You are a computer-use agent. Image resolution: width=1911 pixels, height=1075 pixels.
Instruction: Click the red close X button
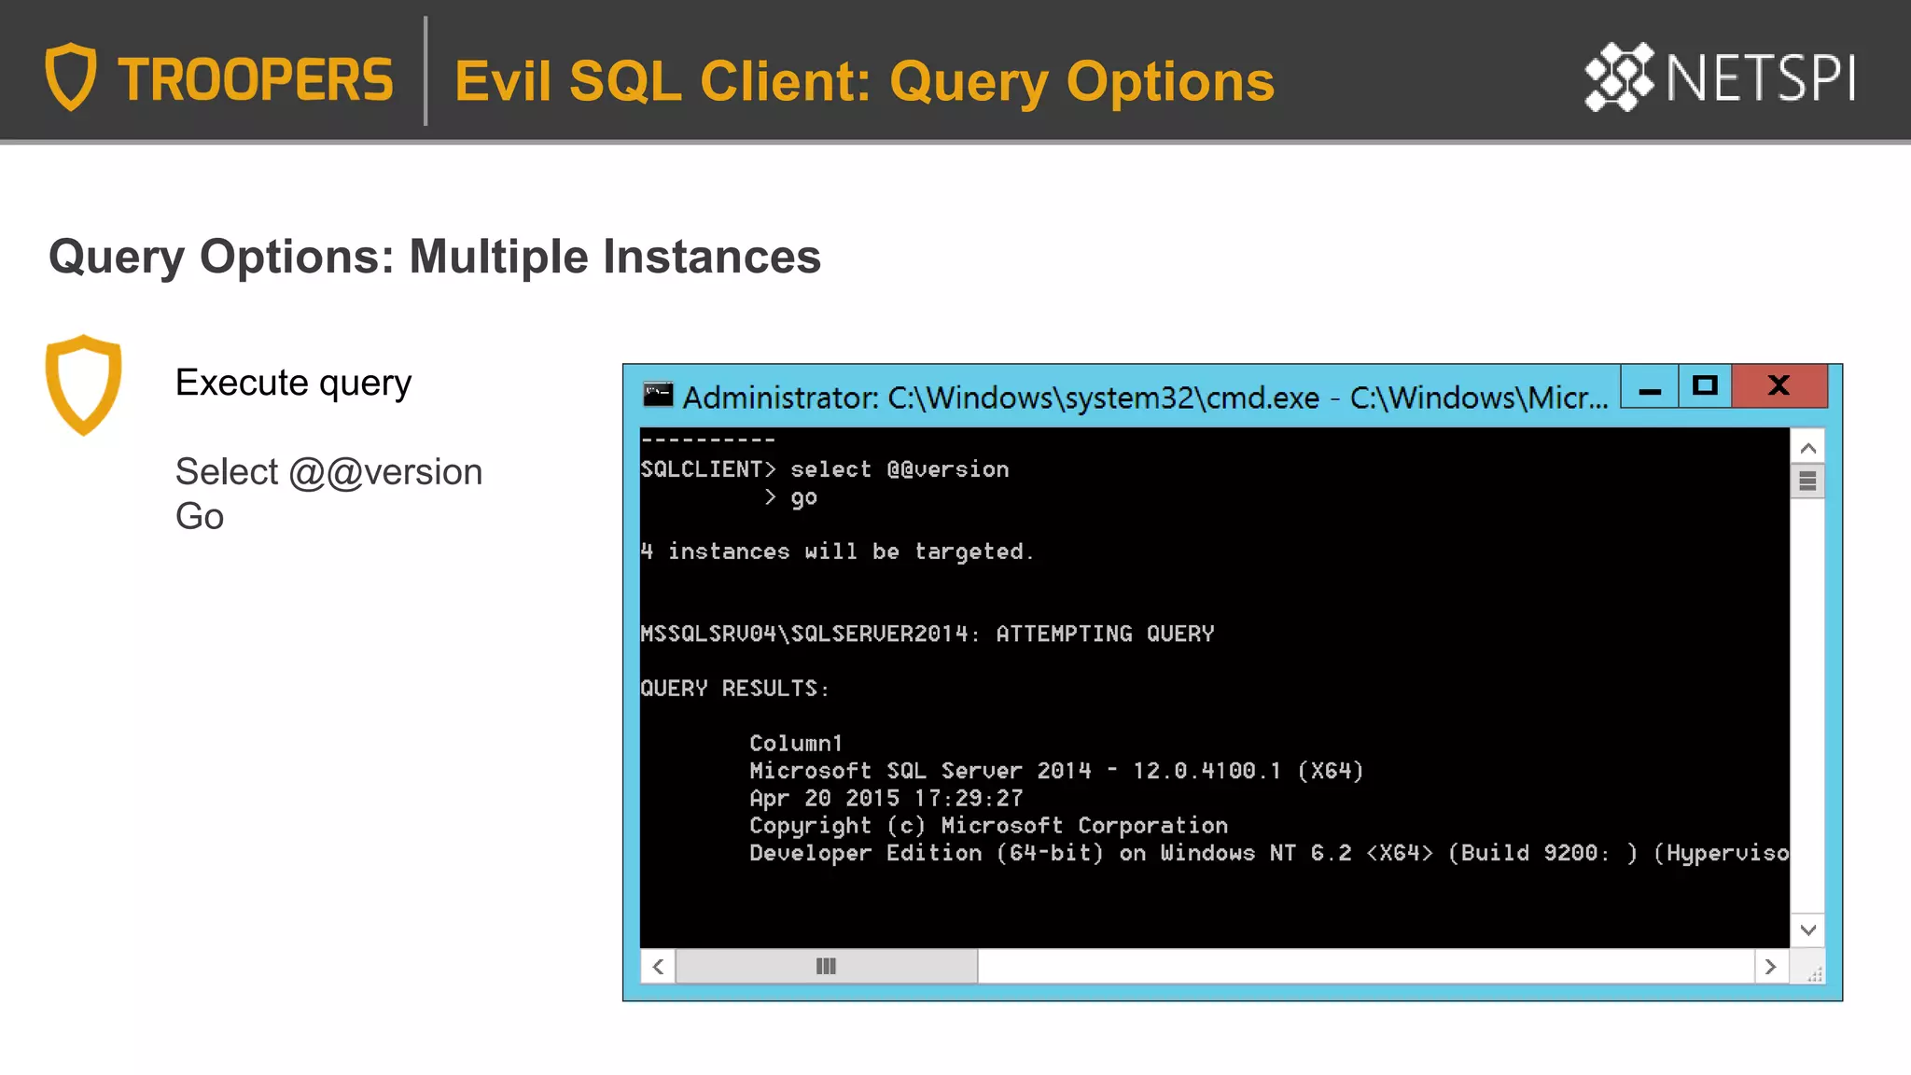tap(1778, 385)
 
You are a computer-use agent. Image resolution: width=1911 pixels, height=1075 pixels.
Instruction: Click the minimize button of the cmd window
tap(1649, 386)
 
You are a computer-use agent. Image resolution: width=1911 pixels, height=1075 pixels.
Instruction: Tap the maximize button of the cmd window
tap(1705, 385)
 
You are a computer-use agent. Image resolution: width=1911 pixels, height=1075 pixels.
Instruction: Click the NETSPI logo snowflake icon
tap(1619, 77)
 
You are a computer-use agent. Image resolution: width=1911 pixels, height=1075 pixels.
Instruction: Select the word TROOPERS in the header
tap(255, 80)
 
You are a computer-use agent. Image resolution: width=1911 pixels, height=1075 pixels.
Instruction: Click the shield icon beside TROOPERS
tap(71, 77)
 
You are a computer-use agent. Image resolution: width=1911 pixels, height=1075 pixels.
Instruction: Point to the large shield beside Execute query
tap(83, 384)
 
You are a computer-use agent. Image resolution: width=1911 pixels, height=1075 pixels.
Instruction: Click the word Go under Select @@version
tap(200, 516)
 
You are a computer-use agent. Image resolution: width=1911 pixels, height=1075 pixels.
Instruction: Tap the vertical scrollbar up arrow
tap(1807, 448)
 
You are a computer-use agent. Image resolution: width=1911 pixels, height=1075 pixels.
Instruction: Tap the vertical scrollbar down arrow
tap(1807, 929)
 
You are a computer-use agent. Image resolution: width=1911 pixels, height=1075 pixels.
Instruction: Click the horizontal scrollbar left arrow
tap(658, 967)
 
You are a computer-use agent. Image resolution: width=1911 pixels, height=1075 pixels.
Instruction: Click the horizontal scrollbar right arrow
tap(1770, 967)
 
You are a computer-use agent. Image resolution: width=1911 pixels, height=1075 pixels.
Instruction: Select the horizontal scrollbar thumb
tap(826, 967)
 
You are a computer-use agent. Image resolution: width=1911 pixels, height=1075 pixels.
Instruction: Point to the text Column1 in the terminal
tap(795, 744)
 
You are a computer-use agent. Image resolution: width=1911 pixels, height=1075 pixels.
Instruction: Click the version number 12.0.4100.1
tap(1207, 771)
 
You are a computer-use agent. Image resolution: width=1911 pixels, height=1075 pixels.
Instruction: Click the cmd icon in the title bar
tap(658, 396)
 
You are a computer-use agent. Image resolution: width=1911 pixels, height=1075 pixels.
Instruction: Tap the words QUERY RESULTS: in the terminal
tap(734, 689)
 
